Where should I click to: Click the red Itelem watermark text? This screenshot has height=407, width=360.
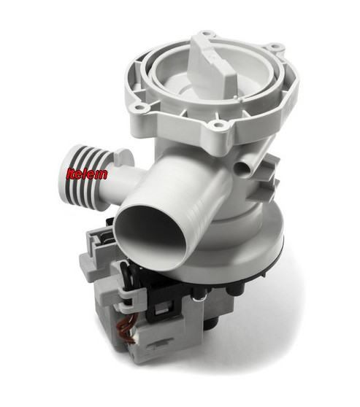(x=87, y=174)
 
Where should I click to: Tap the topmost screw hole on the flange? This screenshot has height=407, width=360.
(x=207, y=34)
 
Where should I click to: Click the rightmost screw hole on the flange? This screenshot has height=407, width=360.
(x=274, y=47)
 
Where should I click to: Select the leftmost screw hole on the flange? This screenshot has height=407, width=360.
(x=134, y=106)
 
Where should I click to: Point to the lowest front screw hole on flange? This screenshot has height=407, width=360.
(x=218, y=125)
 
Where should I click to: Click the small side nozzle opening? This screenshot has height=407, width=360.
(x=242, y=167)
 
